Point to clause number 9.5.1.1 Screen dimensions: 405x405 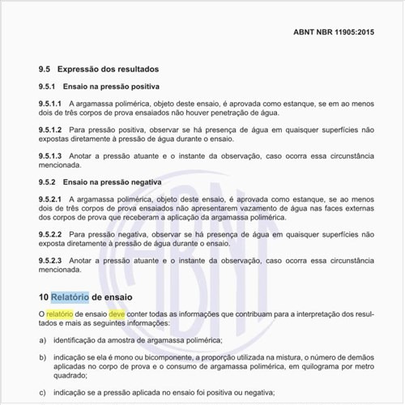point(50,104)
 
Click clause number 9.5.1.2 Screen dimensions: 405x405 point(50,129)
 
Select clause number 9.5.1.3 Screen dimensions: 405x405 point(50,155)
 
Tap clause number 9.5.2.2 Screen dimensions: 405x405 point(50,234)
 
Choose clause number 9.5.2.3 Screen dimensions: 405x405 point(50,260)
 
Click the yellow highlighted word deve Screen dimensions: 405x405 point(118,313)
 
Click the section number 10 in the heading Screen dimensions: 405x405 point(44,296)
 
